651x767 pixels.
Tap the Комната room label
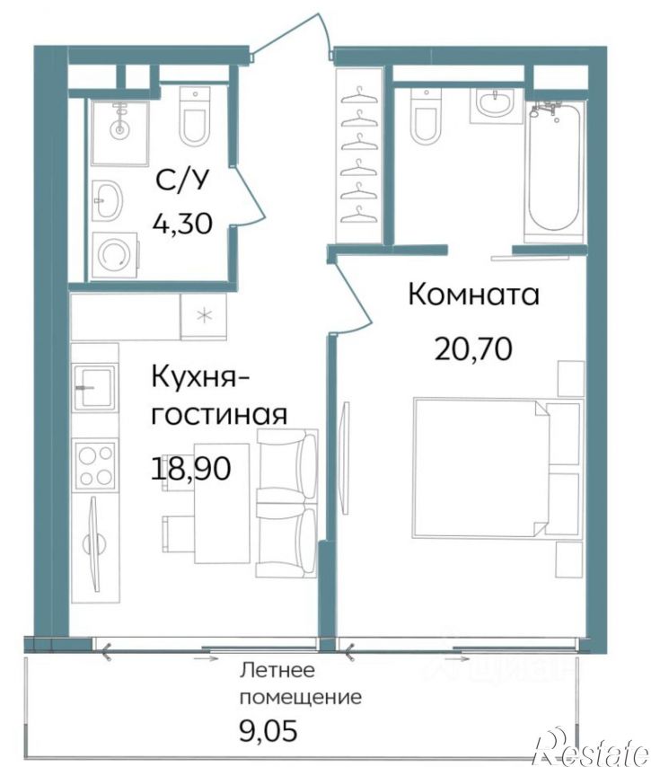pyautogui.click(x=473, y=295)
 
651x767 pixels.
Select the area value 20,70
pyautogui.click(x=473, y=347)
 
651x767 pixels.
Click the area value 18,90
pyautogui.click(x=191, y=468)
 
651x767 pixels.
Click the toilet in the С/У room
pyautogui.click(x=194, y=117)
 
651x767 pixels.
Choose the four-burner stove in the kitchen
pyautogui.click(x=95, y=465)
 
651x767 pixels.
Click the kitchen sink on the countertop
pyautogui.click(x=95, y=389)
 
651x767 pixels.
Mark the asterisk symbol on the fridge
pyautogui.click(x=203, y=315)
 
